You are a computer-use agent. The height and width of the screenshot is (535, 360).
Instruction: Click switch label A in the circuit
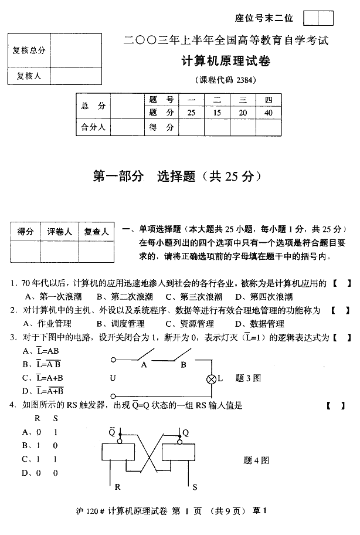(x=144, y=364)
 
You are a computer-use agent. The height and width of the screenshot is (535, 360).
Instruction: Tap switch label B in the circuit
(x=183, y=364)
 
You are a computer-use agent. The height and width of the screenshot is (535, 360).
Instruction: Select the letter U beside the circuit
(x=113, y=378)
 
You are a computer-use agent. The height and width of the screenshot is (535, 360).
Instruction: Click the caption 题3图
(x=247, y=378)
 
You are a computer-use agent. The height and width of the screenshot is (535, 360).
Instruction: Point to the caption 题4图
(x=256, y=460)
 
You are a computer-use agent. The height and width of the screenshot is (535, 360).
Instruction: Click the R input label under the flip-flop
(x=117, y=487)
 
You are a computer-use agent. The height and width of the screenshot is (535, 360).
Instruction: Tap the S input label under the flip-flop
(x=195, y=487)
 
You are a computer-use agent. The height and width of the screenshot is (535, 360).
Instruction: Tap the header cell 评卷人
(x=60, y=232)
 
